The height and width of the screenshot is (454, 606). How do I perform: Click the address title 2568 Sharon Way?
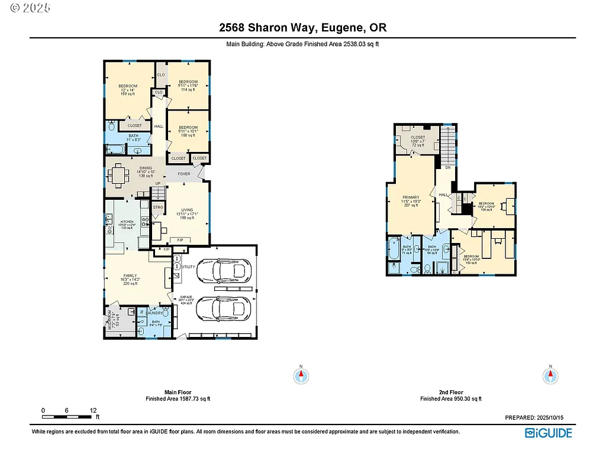coord(302,28)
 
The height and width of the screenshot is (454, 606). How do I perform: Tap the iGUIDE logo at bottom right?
coord(548,433)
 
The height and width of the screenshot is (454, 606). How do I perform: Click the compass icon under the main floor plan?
coord(301,375)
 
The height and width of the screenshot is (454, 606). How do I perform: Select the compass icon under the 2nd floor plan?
coord(550,375)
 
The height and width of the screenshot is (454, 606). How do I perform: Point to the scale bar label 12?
coord(93,410)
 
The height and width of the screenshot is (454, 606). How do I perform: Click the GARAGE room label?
coord(187,300)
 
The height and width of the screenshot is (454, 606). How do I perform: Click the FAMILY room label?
coord(130,275)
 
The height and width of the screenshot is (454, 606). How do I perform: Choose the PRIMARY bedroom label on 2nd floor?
coord(411,197)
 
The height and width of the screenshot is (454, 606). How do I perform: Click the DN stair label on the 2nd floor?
coord(448,168)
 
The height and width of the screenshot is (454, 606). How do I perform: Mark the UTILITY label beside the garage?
coord(188,267)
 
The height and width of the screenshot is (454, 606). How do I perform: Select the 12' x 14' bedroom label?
coord(128,86)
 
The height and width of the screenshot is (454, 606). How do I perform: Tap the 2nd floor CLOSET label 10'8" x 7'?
coord(418,138)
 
